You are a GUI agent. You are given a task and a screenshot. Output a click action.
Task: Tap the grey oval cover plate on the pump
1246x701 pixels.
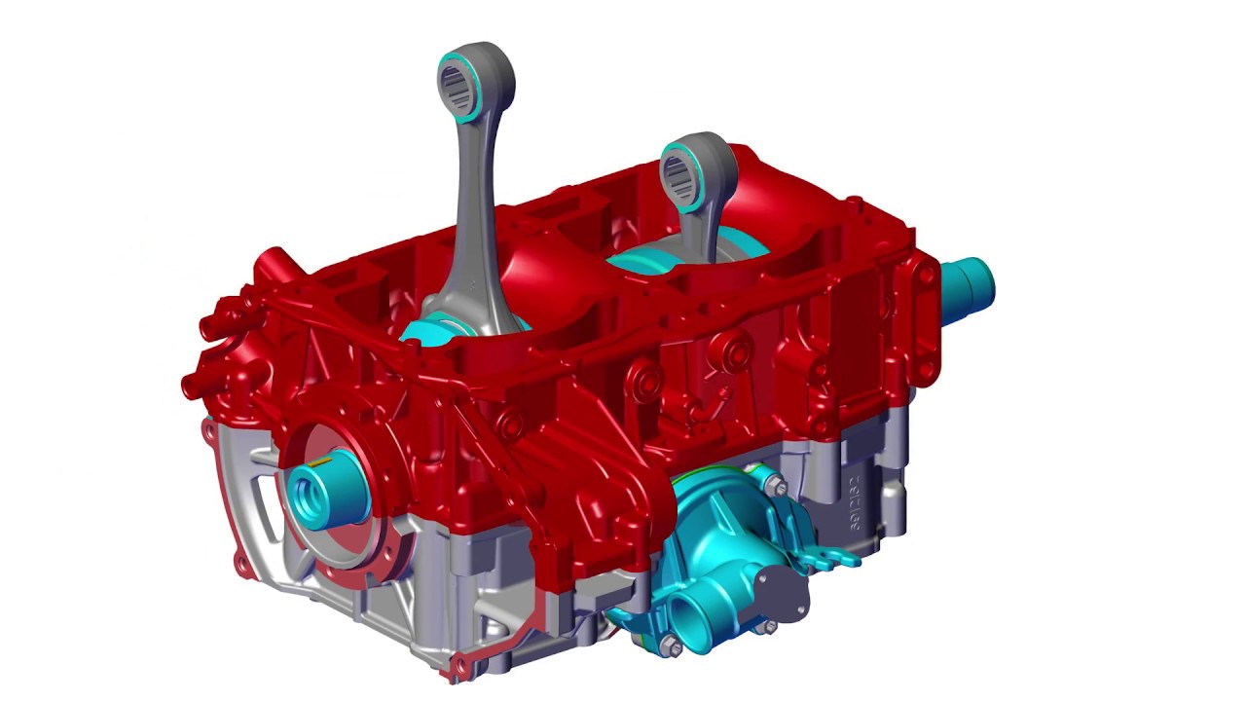point(782,591)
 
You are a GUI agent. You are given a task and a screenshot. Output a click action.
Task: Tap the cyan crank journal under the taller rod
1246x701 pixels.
point(428,333)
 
